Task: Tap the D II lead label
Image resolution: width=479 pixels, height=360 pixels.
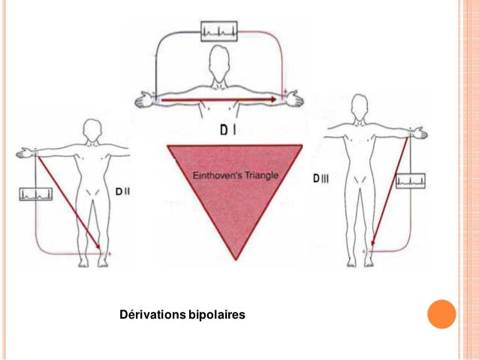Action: (x=124, y=192)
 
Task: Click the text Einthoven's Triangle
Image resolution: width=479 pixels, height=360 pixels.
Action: (x=235, y=175)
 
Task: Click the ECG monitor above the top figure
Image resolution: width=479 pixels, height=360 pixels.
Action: (x=219, y=32)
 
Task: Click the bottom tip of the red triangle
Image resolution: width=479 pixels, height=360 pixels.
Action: (x=235, y=259)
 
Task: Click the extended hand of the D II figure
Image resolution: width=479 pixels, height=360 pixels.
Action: (x=24, y=154)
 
